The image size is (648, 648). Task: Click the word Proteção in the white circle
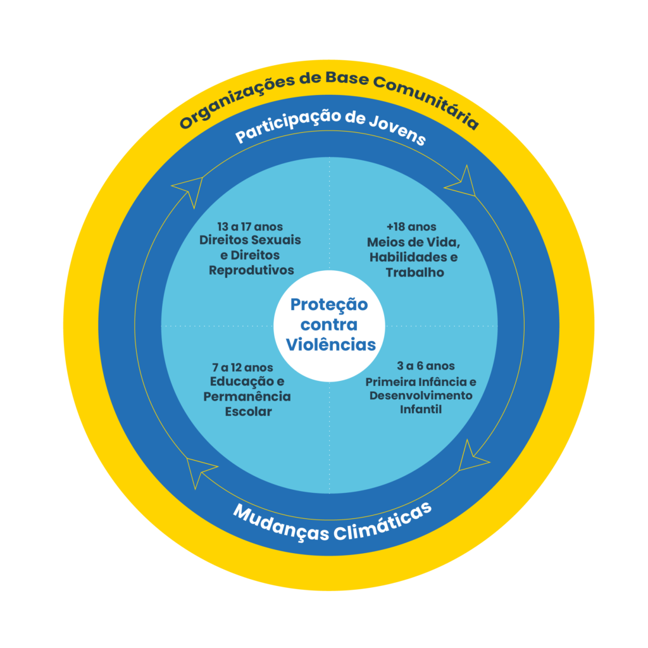click(x=328, y=304)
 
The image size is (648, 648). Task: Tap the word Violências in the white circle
click(x=330, y=345)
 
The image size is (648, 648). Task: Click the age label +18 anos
click(x=411, y=227)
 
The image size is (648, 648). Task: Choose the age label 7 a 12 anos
click(x=242, y=368)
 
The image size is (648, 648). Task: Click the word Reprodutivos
click(x=251, y=270)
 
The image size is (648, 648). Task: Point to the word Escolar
click(x=248, y=411)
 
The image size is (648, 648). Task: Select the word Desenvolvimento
click(x=421, y=396)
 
